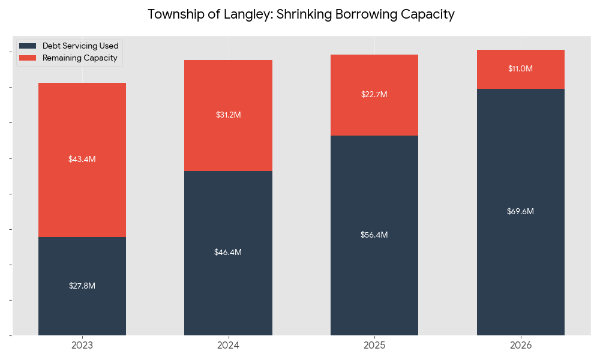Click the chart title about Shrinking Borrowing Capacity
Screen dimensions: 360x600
coord(301,14)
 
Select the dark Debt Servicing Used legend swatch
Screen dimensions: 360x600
coord(28,46)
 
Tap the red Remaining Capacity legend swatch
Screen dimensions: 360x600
coord(28,58)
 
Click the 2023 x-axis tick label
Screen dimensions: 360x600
coord(82,346)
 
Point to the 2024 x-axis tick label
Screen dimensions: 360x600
coord(228,346)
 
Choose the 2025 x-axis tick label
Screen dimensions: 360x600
coord(374,346)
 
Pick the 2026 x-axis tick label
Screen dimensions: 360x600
coord(521,346)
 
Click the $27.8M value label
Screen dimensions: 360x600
coord(82,286)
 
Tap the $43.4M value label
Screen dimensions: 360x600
coord(82,160)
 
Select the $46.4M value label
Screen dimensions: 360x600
coord(228,253)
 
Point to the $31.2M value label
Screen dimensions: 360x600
coord(228,115)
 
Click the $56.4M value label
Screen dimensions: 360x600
coord(374,235)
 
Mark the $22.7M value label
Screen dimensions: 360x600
coord(374,94)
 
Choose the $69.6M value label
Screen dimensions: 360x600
coord(520,211)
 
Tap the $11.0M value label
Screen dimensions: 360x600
coord(520,68)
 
